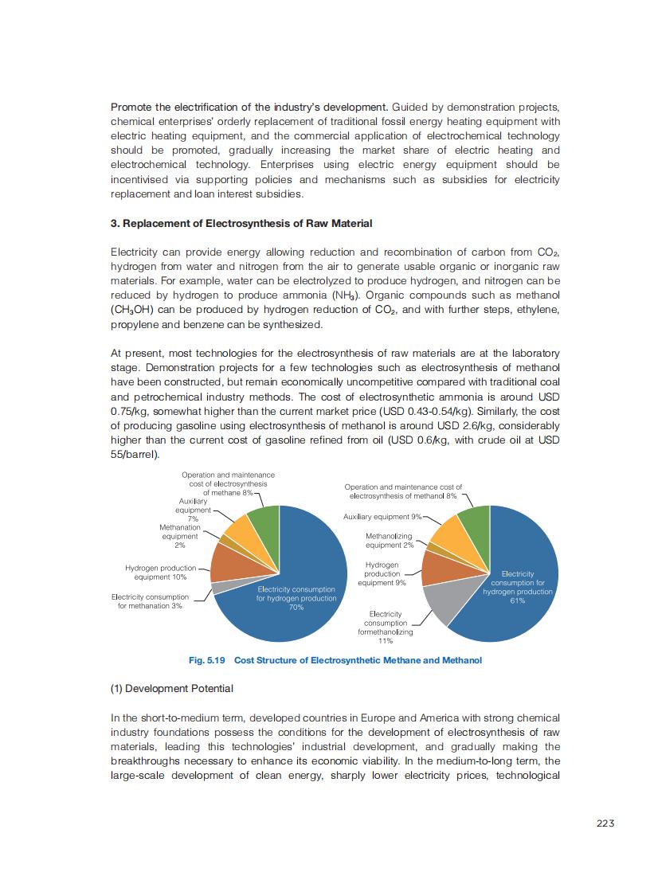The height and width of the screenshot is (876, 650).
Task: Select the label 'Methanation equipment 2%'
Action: [179, 536]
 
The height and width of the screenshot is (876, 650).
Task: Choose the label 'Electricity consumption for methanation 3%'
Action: [150, 601]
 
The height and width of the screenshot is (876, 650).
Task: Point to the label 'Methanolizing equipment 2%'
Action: [390, 541]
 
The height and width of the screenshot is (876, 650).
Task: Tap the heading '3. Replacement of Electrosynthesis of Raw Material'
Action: [241, 223]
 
